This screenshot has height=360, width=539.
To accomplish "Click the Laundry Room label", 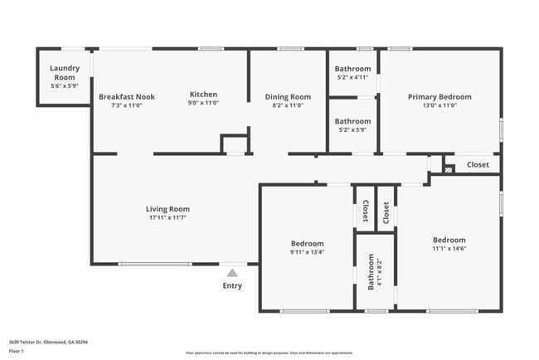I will coord(63,72).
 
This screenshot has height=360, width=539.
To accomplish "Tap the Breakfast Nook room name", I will coord(126,97).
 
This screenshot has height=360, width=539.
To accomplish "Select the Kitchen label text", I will coord(203,94).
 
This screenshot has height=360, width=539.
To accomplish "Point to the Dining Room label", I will coord(288,97).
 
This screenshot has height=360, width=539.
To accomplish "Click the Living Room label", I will coord(168,209).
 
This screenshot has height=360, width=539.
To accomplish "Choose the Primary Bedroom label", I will coord(439,97).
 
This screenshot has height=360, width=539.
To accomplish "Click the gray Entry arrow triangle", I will coord(232,272).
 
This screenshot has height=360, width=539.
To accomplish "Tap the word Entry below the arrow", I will coord(232,286).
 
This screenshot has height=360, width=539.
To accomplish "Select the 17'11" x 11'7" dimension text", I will coord(168,218).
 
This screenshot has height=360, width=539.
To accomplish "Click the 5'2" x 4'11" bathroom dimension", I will coord(352,78).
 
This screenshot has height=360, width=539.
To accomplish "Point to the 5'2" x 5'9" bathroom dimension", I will coord(352,129).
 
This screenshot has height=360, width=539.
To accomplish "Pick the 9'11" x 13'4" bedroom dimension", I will coord(307,252).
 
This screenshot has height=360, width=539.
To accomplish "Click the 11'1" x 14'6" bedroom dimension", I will coord(449,248).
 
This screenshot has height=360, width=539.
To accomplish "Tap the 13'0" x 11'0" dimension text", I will coord(439,105).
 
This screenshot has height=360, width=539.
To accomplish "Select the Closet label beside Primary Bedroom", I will coord(478,165).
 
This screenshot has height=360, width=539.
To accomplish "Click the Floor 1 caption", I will coord(17,350).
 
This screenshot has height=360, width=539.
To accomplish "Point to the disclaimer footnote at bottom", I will coord(269,353).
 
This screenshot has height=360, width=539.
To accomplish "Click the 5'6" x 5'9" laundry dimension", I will coord(63,86).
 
